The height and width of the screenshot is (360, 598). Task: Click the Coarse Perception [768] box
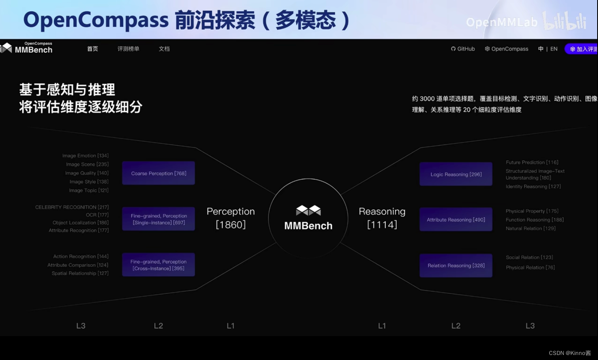point(158,173)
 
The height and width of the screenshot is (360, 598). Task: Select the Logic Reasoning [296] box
point(456,174)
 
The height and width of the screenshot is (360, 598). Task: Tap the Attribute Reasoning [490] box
point(456,220)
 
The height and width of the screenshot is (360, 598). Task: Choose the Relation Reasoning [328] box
point(456,265)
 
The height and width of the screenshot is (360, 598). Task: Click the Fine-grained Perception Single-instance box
point(158,219)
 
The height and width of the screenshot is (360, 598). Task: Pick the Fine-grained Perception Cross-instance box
point(158,265)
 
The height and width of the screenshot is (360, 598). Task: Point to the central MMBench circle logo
point(308,218)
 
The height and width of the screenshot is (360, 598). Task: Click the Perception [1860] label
point(231,218)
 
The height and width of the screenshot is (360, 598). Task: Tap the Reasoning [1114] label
point(382,218)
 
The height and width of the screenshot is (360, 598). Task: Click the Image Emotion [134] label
point(85,156)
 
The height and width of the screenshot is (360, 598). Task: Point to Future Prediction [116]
point(532,162)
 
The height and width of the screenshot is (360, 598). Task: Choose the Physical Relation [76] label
point(530,267)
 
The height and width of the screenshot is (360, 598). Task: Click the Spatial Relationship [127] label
point(80,273)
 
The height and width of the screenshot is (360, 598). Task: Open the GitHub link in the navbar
point(463,49)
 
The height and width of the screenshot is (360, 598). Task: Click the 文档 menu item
point(164,49)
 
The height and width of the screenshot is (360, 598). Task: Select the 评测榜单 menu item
point(128,49)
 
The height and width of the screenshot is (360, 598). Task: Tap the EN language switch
point(554,49)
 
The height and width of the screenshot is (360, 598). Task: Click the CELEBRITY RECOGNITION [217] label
point(72,207)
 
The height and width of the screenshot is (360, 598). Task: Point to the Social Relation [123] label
point(529,257)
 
